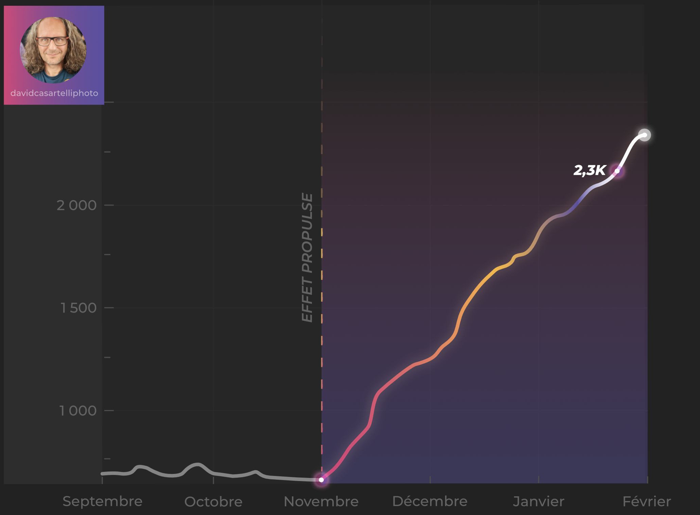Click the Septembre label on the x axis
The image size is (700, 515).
(102, 501)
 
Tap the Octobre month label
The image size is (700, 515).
(213, 502)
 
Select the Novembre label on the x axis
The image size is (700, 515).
(321, 502)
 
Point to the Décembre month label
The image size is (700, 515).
(430, 501)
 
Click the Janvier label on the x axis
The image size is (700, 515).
(539, 502)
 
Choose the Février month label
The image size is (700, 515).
(647, 502)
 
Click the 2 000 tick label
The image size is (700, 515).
(76, 206)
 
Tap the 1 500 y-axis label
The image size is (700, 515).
(78, 308)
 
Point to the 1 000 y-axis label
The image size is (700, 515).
(78, 411)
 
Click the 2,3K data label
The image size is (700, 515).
(590, 171)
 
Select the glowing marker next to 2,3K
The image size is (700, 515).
(617, 171)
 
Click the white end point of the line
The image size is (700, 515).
(644, 135)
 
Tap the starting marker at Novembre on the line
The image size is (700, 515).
(321, 480)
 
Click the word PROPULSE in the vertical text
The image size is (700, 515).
(307, 233)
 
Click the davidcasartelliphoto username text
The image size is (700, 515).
(54, 93)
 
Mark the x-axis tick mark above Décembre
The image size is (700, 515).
(430, 480)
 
